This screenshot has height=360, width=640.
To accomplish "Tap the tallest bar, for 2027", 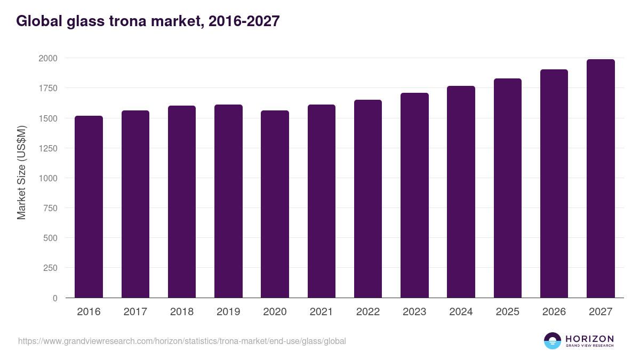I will [x=601, y=179].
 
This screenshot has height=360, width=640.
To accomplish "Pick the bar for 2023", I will [x=414, y=195].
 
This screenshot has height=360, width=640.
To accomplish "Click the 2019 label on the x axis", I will [x=228, y=312].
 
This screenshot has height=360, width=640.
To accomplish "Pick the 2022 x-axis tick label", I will [x=368, y=312].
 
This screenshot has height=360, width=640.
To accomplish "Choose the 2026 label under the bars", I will [x=554, y=312].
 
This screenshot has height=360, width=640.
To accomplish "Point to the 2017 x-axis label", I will [x=135, y=312].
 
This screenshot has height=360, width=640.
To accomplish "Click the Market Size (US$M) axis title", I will [x=21, y=172].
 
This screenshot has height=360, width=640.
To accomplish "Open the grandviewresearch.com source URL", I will [x=182, y=341].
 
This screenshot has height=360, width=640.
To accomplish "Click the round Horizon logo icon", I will [x=553, y=341].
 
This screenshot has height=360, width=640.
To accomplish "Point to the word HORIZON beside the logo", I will [x=589, y=339].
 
